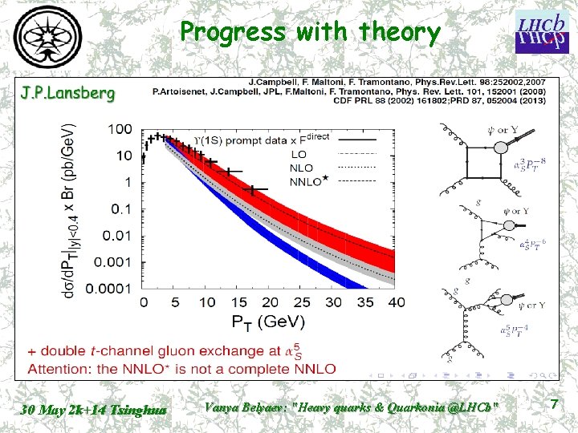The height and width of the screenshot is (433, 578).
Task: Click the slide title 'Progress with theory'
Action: tap(310, 32)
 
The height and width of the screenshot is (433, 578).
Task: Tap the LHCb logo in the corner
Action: tap(538, 31)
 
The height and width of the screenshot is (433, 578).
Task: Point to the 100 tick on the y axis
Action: tap(121, 129)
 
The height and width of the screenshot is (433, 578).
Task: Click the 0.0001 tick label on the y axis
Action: tap(110, 287)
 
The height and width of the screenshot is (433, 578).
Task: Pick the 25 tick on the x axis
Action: tap(301, 302)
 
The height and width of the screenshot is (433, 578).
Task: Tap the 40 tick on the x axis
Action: tap(396, 302)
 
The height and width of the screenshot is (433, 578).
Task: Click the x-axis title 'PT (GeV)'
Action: tap(270, 322)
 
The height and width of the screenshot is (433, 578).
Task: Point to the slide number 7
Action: tap(553, 406)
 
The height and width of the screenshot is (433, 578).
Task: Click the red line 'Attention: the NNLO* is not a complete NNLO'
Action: tap(181, 369)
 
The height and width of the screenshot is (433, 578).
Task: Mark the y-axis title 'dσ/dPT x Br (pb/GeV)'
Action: tap(71, 210)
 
